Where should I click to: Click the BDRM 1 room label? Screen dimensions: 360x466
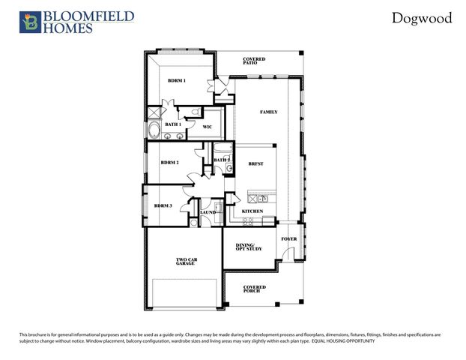click(177, 80)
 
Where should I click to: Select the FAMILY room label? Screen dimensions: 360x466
click(268, 112)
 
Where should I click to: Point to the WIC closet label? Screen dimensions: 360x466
click(208, 127)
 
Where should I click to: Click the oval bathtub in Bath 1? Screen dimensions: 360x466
click(155, 132)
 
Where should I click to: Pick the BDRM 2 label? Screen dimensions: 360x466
click(169, 162)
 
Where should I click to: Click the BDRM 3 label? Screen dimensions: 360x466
click(163, 205)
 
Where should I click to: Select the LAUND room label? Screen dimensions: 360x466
click(208, 213)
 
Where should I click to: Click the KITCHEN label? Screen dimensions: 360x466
click(252, 212)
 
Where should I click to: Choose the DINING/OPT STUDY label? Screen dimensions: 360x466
click(246, 247)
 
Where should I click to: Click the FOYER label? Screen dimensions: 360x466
click(288, 239)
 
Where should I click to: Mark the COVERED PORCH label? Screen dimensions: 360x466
click(255, 288)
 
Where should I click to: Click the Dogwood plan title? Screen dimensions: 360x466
click(422, 18)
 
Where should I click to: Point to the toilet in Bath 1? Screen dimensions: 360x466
click(194, 112)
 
